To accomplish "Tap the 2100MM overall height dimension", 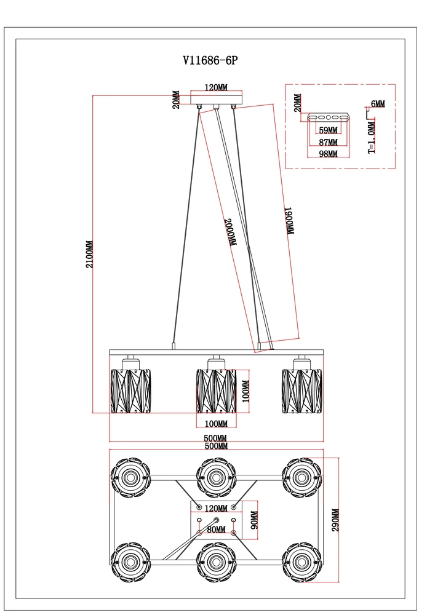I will point(90,254).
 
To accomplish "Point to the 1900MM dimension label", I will point(289,220).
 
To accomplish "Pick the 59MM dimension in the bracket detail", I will point(327,130).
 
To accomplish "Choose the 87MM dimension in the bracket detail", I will point(327,142).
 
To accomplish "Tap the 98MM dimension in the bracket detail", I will point(327,154).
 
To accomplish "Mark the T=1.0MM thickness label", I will point(371,136).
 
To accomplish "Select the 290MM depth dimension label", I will point(335,520).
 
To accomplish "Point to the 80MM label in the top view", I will point(216,528).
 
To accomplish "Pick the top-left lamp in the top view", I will point(130,478).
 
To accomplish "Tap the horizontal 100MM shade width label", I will point(216,424).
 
